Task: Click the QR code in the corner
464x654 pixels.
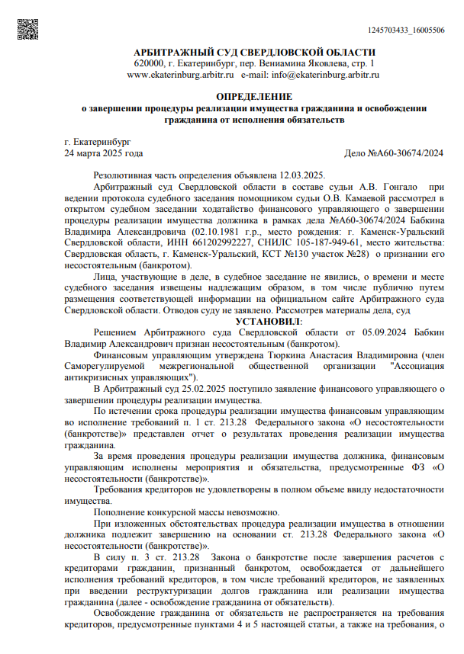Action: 27,29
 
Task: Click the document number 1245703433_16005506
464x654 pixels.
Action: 405,30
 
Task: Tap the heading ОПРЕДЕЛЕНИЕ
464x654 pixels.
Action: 254,98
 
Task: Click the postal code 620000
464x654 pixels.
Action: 149,63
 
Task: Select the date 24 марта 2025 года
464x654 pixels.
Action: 104,153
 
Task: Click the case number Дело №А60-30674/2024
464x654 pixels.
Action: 395,153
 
